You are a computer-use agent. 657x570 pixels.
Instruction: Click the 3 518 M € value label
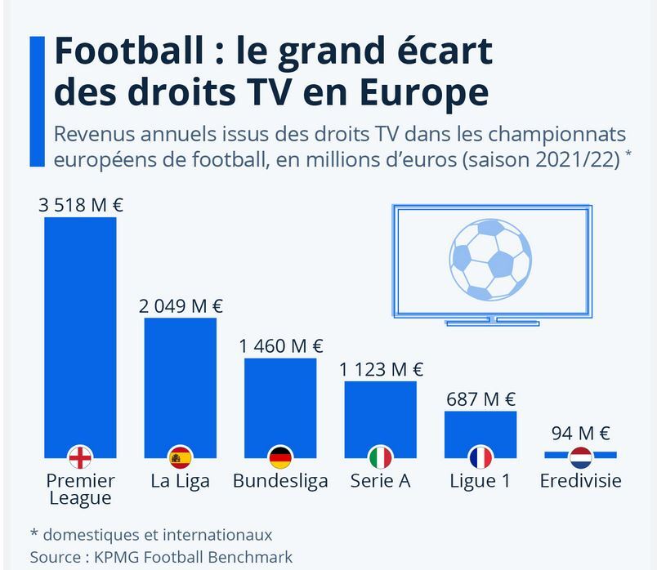tap(80, 204)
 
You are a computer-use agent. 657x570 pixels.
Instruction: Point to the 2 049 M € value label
tap(181, 306)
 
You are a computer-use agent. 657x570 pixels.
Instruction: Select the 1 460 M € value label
tap(281, 346)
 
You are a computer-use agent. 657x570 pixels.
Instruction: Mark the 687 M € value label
tap(481, 399)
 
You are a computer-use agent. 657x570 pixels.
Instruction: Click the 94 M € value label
tap(581, 433)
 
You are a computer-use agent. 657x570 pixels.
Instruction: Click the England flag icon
tap(80, 457)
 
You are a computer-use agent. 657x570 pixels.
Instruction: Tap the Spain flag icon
tap(180, 457)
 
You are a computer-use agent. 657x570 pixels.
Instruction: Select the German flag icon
tap(280, 457)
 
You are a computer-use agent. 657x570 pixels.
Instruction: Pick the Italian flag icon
tap(380, 457)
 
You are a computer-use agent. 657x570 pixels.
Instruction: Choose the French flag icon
tap(480, 457)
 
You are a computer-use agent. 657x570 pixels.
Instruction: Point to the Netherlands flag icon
tap(581, 457)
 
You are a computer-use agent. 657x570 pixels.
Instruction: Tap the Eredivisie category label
tap(581, 481)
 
